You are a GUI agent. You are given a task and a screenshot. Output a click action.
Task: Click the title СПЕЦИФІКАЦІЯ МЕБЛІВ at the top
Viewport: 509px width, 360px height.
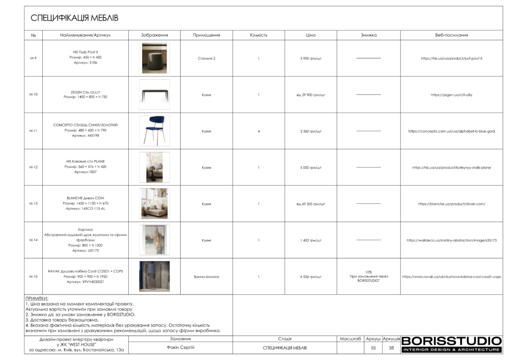[x=75, y=18]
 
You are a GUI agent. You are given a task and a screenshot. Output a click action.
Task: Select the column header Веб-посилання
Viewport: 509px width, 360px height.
[x=451, y=35]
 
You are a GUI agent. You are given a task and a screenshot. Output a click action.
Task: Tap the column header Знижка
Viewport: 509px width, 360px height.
[x=368, y=35]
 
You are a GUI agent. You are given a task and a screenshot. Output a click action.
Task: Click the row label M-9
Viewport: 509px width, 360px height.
[x=33, y=58]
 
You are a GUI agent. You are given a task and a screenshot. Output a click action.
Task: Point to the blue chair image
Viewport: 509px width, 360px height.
[x=154, y=131]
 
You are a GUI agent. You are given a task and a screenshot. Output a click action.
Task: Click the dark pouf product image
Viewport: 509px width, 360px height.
[x=154, y=58]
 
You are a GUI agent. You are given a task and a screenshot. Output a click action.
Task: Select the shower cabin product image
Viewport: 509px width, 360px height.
[x=154, y=276]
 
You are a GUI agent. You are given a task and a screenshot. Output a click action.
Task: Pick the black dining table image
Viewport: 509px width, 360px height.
[x=154, y=94]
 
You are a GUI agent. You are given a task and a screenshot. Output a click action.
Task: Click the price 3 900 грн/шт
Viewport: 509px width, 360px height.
[x=311, y=58]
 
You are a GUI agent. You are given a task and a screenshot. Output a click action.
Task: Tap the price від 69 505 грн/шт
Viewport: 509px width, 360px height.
[x=311, y=204]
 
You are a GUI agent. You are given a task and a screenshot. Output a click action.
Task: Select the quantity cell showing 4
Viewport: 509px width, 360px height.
[x=258, y=131]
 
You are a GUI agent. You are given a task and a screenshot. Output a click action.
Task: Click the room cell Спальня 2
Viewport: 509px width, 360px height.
[x=206, y=58]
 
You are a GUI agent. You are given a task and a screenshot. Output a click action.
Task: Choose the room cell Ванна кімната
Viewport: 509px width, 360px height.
[x=206, y=276]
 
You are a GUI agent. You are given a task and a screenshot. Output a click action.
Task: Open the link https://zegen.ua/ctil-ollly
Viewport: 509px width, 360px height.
[x=451, y=94]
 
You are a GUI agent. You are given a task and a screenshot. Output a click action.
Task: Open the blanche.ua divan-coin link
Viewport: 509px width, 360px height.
[x=451, y=204]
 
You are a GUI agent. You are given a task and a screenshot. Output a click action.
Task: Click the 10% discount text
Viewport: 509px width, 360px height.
[x=368, y=272]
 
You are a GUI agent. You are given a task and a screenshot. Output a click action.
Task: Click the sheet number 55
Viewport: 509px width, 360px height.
[x=373, y=348]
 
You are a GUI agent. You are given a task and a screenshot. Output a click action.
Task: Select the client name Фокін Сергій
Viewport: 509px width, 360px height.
[x=180, y=348]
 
